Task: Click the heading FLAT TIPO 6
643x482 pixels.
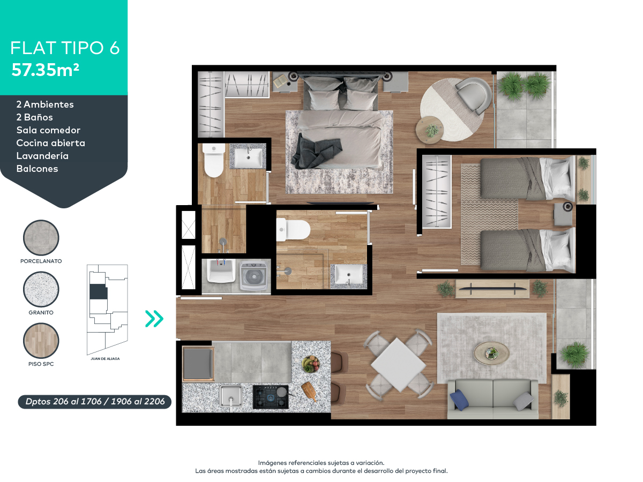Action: pos(65,48)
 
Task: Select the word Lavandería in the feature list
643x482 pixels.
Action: pos(42,156)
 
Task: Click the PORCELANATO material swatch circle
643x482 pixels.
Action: pos(41,238)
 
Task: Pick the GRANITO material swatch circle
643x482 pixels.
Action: pos(41,290)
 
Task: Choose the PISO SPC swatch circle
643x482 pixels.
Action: pos(41,341)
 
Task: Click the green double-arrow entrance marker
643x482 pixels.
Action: pos(154,319)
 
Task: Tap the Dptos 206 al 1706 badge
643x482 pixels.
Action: pos(95,402)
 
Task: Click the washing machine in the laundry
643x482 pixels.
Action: pos(254,275)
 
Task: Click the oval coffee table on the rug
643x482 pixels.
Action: pos(491,352)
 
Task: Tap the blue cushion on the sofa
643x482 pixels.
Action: pos(460,400)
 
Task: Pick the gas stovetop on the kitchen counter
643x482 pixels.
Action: pos(271,396)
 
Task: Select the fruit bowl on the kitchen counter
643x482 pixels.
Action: pos(310,364)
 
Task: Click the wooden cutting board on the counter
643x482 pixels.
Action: pos(309,391)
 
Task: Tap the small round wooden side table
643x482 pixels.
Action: pos(429,131)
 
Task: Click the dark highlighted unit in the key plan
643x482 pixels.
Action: pos(98,292)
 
